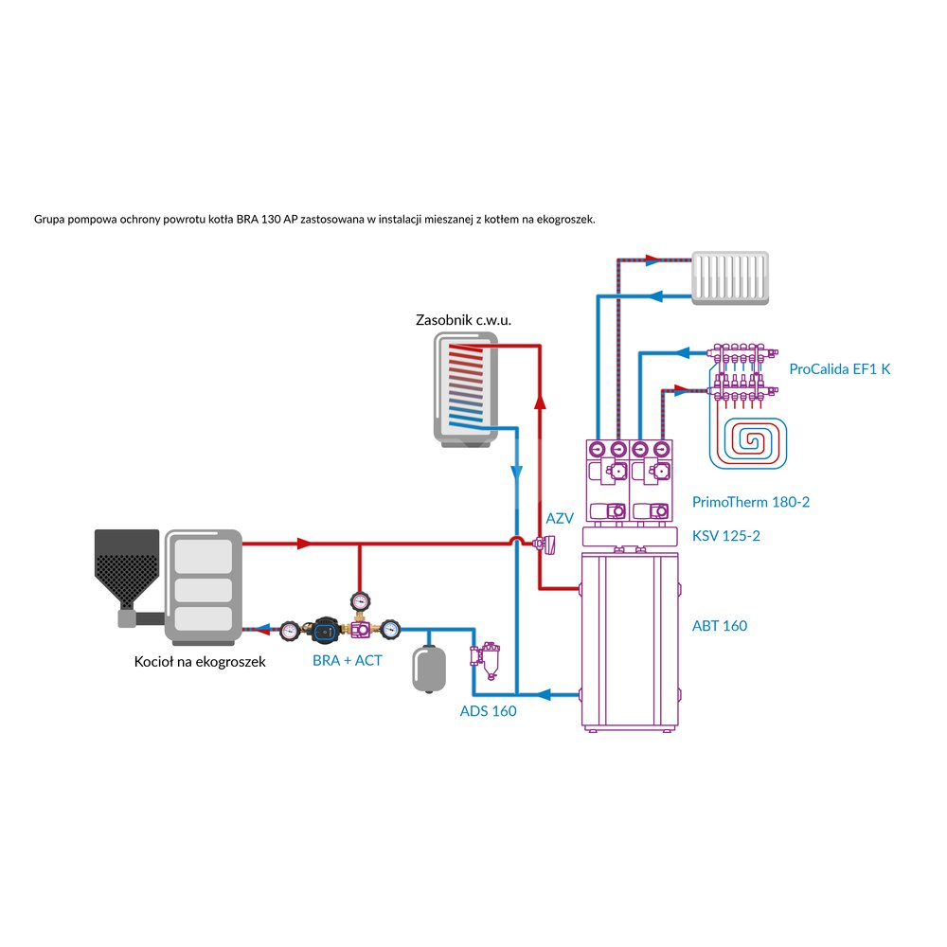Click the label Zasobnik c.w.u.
click(x=464, y=320)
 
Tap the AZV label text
click(x=561, y=519)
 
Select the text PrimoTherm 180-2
click(x=752, y=503)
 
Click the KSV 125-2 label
click(x=726, y=536)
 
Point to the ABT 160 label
click(x=720, y=626)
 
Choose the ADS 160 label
click(x=488, y=710)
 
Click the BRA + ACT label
click(x=348, y=660)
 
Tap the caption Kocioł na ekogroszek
click(x=200, y=662)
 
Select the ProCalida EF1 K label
click(x=840, y=369)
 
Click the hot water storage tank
click(x=464, y=388)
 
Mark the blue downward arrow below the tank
click(x=517, y=471)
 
